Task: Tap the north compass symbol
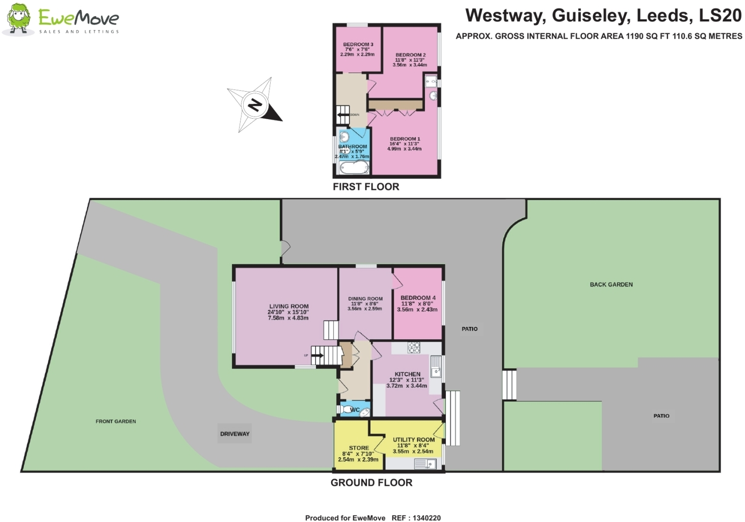254,105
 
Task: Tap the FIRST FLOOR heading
366,187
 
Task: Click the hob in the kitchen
414,348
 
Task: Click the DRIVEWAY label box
235,434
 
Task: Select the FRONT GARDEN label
116,421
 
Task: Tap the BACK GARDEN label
611,285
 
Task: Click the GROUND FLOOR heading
371,483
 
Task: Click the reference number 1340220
427,518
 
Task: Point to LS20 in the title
720,16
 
